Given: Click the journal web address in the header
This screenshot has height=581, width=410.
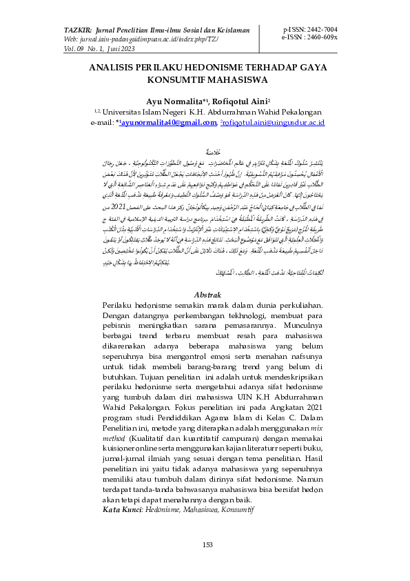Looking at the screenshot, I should (138, 41).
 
